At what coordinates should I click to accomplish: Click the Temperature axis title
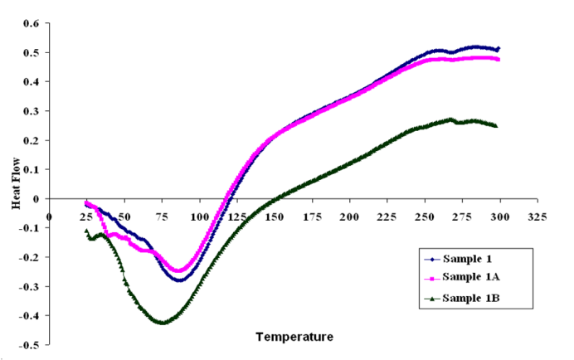294,337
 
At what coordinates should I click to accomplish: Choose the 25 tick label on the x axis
86,216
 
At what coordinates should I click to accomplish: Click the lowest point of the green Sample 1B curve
163,322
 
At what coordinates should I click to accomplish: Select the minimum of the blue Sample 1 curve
178,280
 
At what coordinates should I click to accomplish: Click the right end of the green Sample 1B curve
496,126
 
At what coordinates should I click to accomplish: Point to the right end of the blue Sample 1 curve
498,49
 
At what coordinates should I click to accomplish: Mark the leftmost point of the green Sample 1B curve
86,231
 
